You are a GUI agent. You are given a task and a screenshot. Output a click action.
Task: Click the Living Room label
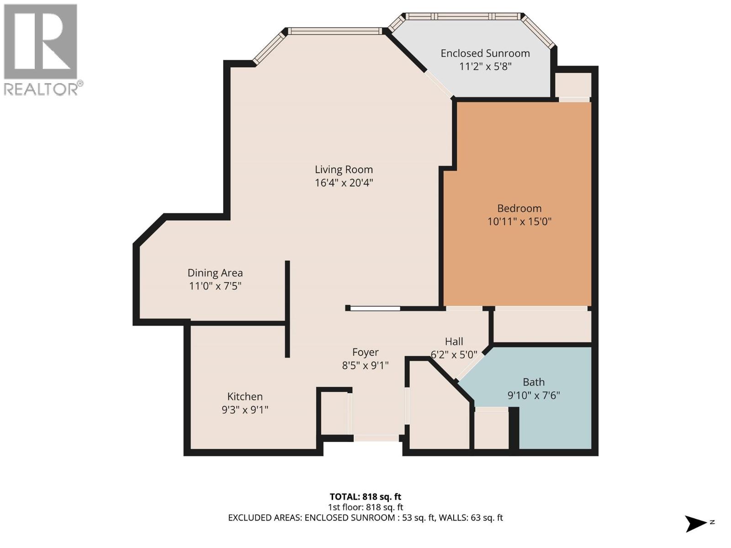point(344,169)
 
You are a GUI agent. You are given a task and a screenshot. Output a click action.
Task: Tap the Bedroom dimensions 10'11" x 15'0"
point(519,222)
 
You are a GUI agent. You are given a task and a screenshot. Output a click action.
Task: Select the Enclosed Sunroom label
point(485,53)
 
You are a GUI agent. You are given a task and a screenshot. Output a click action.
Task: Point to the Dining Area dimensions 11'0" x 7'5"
point(215,286)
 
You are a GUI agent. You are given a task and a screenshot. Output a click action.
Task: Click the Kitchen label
point(245,396)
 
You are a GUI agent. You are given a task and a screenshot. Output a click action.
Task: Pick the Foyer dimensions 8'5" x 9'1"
point(365,365)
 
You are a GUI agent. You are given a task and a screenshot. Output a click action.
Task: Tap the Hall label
point(454,342)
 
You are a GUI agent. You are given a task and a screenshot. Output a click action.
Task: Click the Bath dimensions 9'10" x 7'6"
point(533,395)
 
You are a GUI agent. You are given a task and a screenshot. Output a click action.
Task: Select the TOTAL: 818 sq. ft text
point(365,496)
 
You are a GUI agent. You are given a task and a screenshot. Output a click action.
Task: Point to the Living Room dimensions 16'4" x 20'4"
point(344,183)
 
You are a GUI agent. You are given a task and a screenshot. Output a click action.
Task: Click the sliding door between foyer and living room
point(375,308)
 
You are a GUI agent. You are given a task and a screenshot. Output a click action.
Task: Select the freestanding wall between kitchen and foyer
point(287,309)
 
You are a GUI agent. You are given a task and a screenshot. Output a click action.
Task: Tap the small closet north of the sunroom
point(573,84)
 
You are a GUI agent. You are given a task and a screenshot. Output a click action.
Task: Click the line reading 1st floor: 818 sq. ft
point(365,507)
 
